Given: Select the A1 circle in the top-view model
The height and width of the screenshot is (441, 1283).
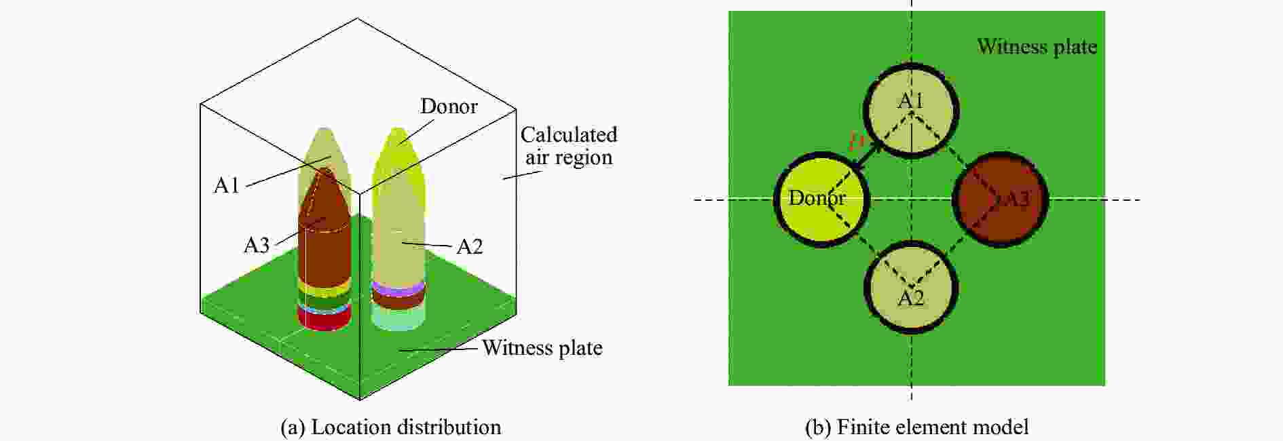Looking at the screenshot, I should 910,111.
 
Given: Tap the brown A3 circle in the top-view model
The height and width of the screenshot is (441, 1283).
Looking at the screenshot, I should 1001,200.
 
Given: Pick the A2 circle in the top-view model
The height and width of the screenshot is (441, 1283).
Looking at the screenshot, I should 910,288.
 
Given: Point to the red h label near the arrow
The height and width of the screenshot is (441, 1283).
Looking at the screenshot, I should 857,141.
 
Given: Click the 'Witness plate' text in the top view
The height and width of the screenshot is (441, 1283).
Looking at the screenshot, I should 1037,46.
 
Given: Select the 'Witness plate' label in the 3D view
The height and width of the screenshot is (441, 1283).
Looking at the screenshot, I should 542,348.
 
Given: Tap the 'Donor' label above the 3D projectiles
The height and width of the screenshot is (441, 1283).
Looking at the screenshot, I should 449,107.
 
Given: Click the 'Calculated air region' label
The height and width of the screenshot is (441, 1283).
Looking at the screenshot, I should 569,146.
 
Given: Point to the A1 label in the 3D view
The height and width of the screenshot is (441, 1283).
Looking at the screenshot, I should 227,185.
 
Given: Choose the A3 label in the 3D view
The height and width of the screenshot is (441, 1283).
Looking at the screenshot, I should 257,245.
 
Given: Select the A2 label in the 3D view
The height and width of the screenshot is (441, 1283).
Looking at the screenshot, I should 469,246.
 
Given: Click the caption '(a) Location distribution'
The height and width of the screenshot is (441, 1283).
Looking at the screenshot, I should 390,427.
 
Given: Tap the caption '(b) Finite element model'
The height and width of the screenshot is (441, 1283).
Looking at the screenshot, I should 916,427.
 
